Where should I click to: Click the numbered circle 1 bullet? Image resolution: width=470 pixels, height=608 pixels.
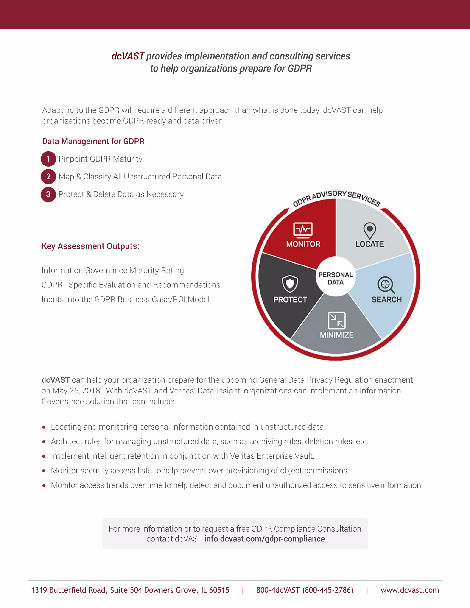(x=48, y=159)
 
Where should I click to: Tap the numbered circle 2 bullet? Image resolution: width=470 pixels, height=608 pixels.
(x=48, y=176)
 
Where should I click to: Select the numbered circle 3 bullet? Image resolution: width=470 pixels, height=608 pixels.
(x=48, y=194)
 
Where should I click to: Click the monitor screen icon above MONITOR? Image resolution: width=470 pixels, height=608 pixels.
(x=303, y=230)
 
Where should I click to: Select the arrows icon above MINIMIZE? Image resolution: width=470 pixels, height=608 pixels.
(x=337, y=321)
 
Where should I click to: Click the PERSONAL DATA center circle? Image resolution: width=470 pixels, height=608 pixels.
(x=336, y=278)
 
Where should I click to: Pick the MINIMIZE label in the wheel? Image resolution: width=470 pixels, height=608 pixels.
(x=337, y=335)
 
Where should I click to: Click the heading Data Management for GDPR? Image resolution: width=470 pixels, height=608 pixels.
(x=93, y=141)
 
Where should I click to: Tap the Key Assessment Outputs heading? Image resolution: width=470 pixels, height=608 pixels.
(x=90, y=246)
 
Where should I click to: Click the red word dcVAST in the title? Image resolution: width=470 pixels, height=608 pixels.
(x=128, y=56)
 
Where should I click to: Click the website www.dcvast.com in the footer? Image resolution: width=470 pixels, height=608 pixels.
(x=410, y=590)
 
